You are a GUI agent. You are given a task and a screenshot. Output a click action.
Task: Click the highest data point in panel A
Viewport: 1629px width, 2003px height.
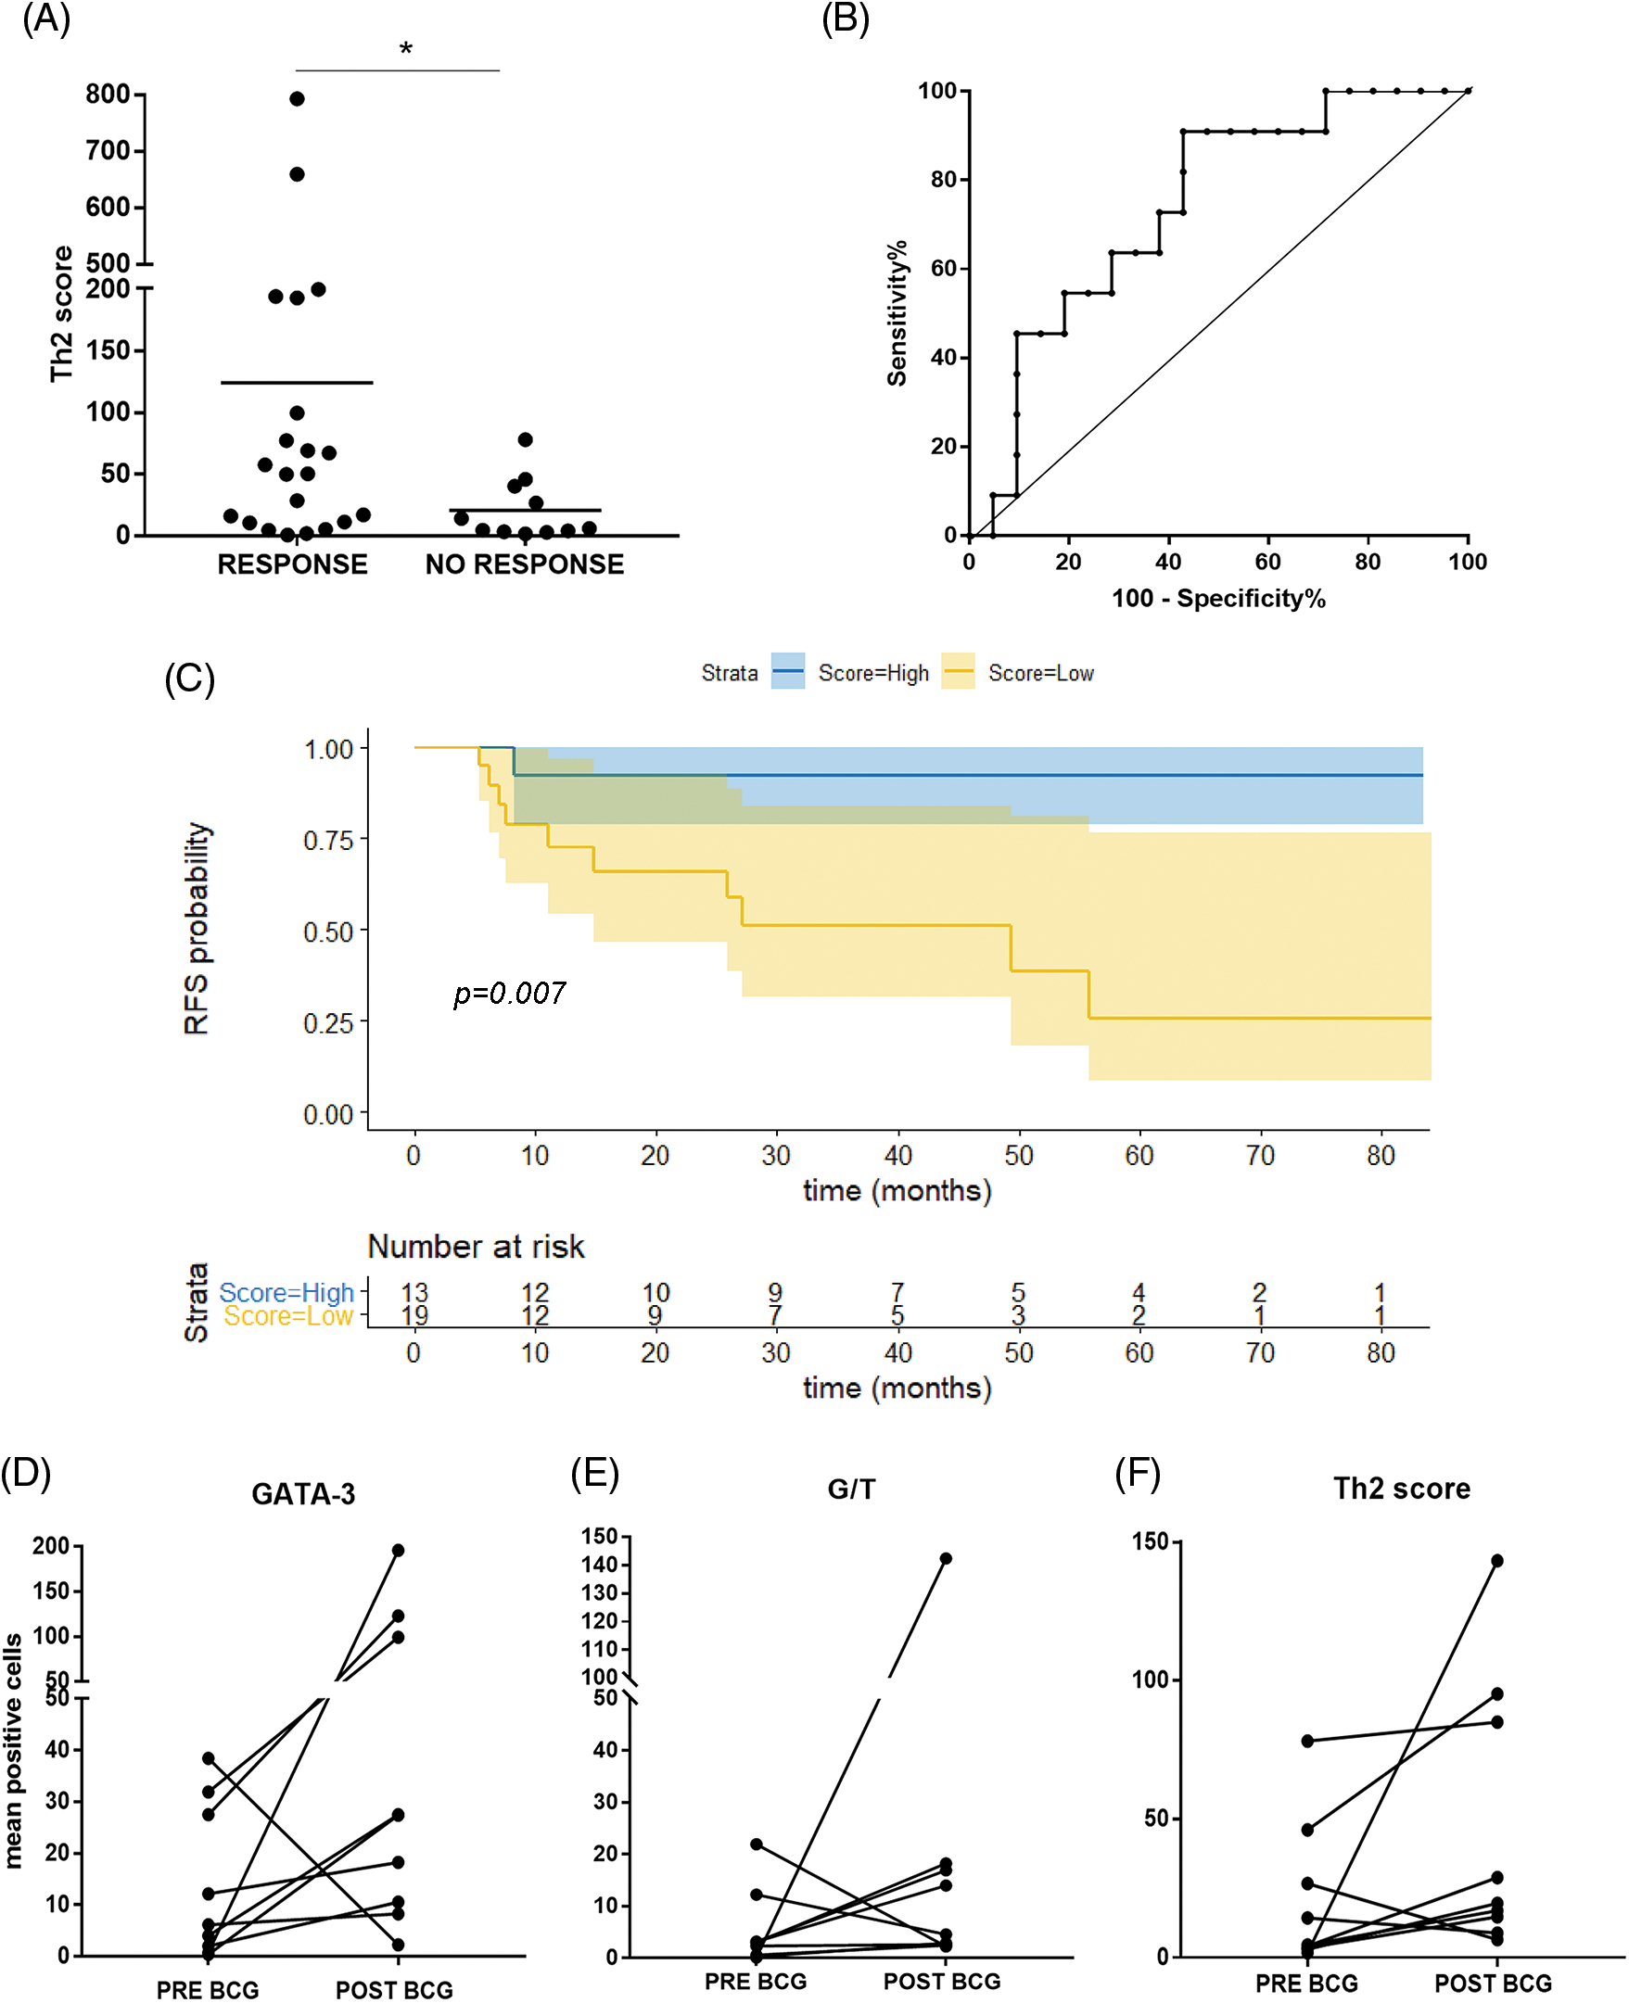(297, 98)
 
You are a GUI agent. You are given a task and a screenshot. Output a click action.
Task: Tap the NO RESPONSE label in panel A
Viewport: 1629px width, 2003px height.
(525, 564)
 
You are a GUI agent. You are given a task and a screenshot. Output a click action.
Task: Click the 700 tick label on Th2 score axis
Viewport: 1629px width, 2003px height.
(107, 150)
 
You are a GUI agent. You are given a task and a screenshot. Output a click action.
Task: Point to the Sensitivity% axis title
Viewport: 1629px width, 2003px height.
(897, 312)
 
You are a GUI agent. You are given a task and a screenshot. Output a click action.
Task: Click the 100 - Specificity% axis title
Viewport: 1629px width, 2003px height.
(1218, 599)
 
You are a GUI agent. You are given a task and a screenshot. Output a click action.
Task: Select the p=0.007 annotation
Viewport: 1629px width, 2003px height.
(510, 993)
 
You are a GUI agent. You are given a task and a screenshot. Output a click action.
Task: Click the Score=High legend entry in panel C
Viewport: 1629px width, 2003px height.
(872, 673)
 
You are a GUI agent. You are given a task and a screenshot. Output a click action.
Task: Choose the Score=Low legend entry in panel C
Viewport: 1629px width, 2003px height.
(1040, 673)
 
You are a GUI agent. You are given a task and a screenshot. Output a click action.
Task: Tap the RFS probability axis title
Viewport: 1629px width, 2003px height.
(197, 928)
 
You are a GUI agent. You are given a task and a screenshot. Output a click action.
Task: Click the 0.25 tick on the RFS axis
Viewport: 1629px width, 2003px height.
(327, 1022)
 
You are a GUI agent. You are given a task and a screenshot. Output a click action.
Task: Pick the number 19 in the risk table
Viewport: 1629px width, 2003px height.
(414, 1316)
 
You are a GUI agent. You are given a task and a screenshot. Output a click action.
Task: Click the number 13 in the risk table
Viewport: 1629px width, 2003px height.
(414, 1292)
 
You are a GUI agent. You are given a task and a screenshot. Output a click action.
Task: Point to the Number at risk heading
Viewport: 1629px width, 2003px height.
(476, 1246)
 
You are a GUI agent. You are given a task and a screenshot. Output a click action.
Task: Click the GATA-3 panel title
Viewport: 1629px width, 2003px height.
(303, 1493)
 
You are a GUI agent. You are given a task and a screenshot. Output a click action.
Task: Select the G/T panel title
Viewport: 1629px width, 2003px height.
(851, 1489)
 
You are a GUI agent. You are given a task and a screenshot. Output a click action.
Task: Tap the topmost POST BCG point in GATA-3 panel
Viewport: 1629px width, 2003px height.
(398, 1550)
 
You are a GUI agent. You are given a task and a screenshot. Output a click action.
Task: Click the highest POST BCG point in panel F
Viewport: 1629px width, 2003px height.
(1496, 1560)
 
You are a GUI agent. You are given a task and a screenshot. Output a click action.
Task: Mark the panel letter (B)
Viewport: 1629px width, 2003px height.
(845, 19)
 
